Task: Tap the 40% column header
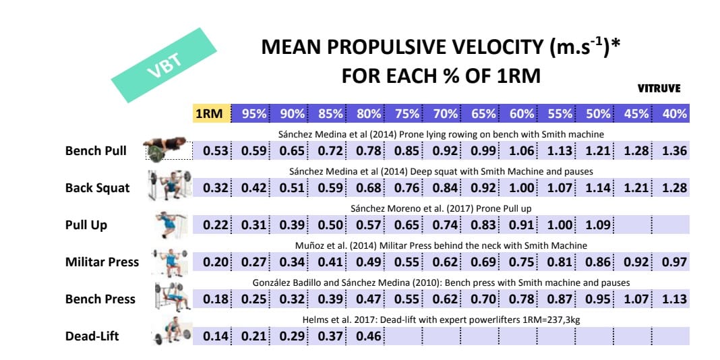674,114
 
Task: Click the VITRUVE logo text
659,88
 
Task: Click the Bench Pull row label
96,150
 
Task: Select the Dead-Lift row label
92,335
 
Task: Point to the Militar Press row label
102,262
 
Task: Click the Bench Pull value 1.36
674,151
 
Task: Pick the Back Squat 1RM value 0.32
216,187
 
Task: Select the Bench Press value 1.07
636,299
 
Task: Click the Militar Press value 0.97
674,262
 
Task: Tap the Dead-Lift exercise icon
169,334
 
